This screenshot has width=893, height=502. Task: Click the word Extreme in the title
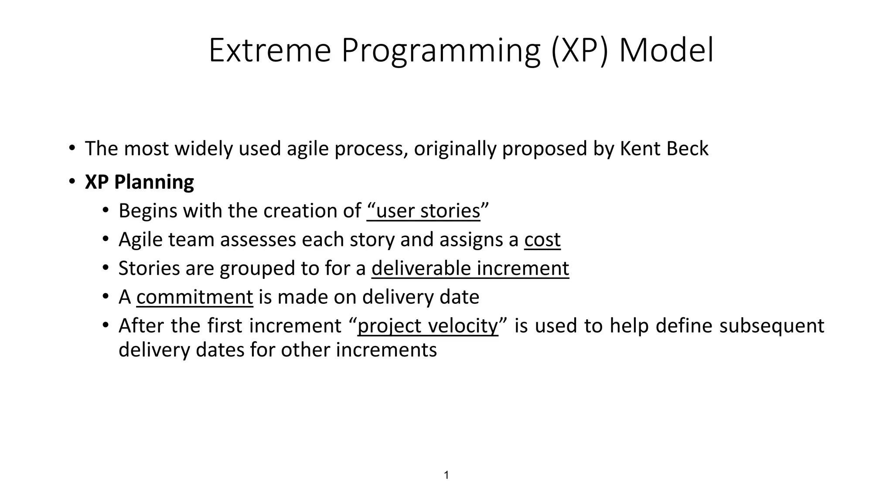pos(269,51)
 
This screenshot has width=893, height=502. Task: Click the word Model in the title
pos(667,51)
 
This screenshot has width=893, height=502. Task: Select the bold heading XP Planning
pos(139,182)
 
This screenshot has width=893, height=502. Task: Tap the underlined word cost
pos(542,240)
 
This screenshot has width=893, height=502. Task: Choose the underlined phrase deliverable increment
pos(470,268)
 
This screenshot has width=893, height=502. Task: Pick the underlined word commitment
pos(194,297)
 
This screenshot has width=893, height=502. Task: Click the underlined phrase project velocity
pos(428,326)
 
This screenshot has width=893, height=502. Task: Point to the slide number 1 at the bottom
pos(446,475)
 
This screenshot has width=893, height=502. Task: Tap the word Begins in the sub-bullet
pos(148,211)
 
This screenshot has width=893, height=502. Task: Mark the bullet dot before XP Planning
pos(72,181)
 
